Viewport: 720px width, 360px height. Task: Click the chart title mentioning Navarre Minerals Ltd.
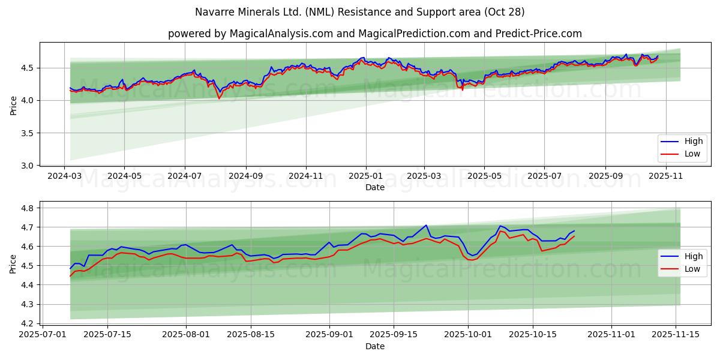(x=360, y=12)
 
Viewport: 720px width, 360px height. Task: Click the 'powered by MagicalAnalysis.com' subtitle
(x=375, y=34)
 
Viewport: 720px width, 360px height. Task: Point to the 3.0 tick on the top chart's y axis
(x=28, y=165)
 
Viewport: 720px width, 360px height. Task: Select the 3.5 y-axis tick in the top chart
(x=28, y=133)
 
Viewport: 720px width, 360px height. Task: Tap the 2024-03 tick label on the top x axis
(x=64, y=176)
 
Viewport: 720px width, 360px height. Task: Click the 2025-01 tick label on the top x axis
(x=365, y=176)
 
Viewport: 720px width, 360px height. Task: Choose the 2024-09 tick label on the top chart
(x=245, y=176)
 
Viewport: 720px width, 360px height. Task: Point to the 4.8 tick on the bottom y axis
(x=28, y=208)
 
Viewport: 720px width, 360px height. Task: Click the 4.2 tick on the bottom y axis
(x=28, y=323)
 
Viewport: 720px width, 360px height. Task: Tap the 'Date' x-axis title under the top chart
(x=375, y=187)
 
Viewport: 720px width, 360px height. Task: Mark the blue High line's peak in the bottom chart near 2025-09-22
(x=426, y=226)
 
